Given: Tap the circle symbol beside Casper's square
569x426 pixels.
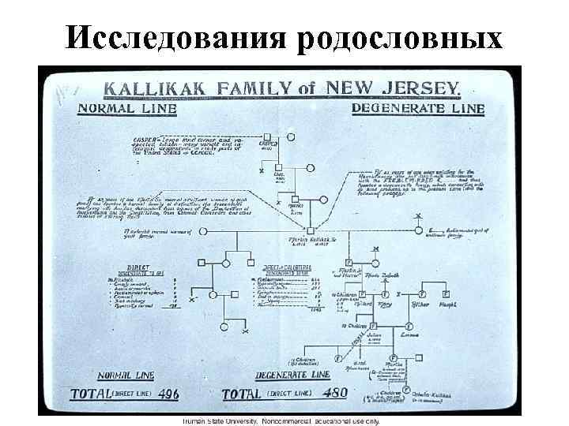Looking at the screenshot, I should tap(290, 136).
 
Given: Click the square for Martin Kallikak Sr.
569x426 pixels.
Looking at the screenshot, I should tap(310, 230).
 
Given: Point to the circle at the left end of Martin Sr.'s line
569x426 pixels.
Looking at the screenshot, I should tap(204, 231).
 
